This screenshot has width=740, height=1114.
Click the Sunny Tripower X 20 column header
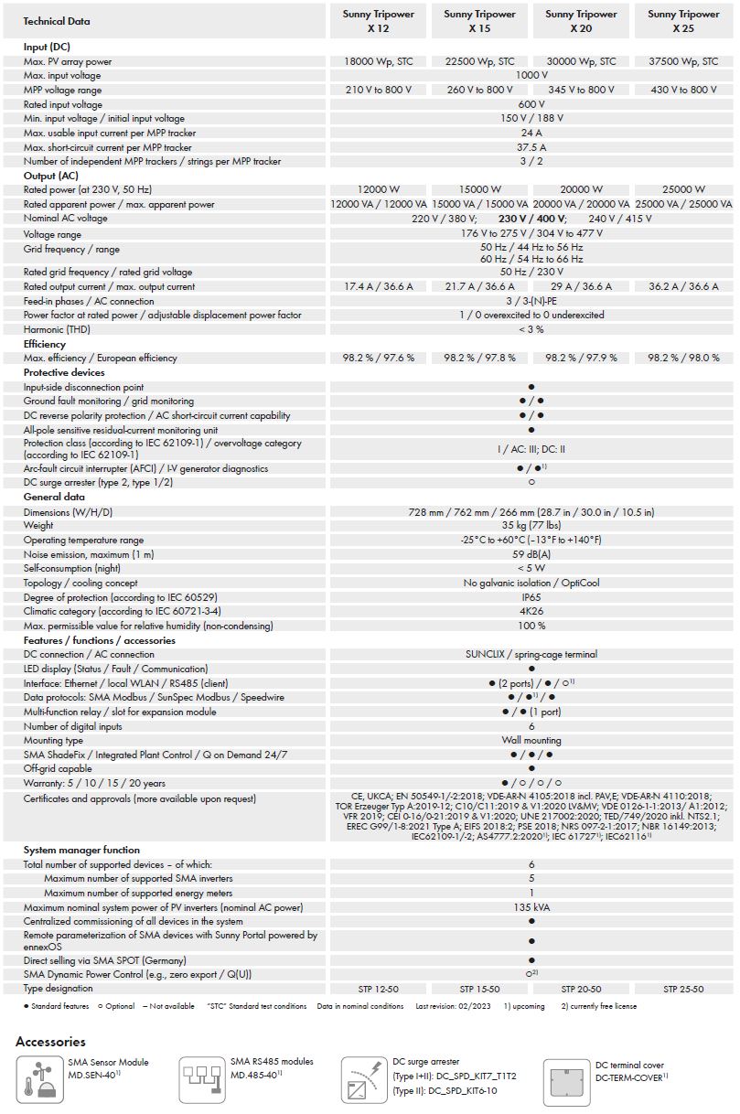[x=581, y=21]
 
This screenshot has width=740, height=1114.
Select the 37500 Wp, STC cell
[x=683, y=61]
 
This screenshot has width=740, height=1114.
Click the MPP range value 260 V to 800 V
[x=479, y=90]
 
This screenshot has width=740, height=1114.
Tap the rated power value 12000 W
[x=378, y=189]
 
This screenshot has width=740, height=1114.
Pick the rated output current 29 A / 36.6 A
[x=581, y=286]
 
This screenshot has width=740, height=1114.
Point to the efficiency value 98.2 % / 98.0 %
[x=683, y=358]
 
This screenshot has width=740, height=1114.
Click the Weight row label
[x=38, y=526]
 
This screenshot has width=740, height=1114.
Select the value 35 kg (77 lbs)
[x=531, y=526]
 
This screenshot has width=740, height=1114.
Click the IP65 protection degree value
[x=531, y=597]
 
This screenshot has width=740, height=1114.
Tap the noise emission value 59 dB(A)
[x=531, y=554]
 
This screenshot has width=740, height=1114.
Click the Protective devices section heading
[x=64, y=372]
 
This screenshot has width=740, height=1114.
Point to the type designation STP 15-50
[x=479, y=989]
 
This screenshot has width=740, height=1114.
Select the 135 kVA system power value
[x=531, y=908]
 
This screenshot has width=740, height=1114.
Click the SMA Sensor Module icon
[x=38, y=1079]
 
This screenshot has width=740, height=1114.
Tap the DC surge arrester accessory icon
[x=364, y=1079]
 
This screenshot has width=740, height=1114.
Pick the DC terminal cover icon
[x=567, y=1079]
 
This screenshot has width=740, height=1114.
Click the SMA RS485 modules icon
[x=201, y=1079]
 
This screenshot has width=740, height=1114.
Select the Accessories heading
[x=51, y=1041]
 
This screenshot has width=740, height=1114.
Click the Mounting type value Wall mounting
[x=531, y=740]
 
